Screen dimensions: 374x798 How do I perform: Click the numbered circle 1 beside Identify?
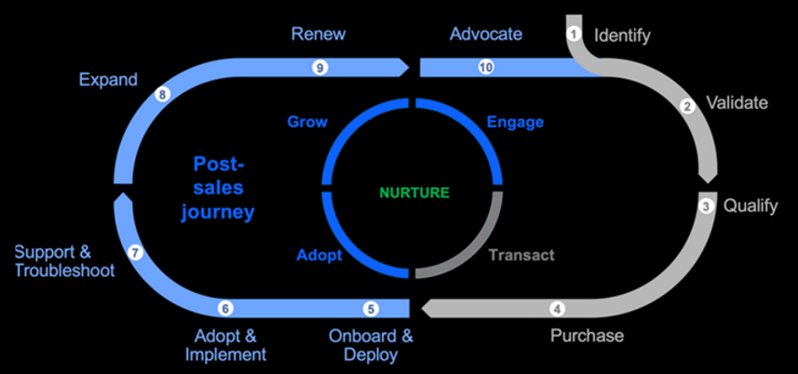pyautogui.click(x=574, y=33)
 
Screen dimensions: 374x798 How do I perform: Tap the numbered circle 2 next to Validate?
pyautogui.click(x=688, y=106)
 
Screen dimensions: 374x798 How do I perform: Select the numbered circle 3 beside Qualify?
pyautogui.click(x=707, y=206)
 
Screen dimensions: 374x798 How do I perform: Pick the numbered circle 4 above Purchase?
pyautogui.click(x=558, y=309)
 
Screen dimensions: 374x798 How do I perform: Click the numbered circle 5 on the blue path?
pyautogui.click(x=371, y=309)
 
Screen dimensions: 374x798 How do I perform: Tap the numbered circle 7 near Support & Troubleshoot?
pyautogui.click(x=135, y=251)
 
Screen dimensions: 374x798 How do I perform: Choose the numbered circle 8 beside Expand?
pyautogui.click(x=164, y=94)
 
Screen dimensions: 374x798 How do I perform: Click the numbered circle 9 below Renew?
pyautogui.click(x=319, y=67)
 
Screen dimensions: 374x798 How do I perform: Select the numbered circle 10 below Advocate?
pyautogui.click(x=485, y=67)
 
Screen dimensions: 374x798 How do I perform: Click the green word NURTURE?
pyautogui.click(x=413, y=193)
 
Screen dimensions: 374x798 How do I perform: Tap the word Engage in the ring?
pyautogui.click(x=515, y=122)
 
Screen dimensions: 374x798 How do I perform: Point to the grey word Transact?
pyautogui.click(x=521, y=254)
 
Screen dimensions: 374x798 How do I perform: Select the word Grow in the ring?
pyautogui.click(x=307, y=122)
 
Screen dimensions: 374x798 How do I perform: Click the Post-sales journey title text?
pyautogui.click(x=223, y=188)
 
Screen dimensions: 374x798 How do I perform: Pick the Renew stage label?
pyautogui.click(x=318, y=34)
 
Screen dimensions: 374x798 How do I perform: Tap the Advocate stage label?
pyautogui.click(x=486, y=34)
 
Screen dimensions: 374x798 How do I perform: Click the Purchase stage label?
pyautogui.click(x=587, y=335)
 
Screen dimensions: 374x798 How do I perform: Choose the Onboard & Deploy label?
pyautogui.click(x=371, y=345)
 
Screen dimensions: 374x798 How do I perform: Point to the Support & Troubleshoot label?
pyautogui.click(x=64, y=260)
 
